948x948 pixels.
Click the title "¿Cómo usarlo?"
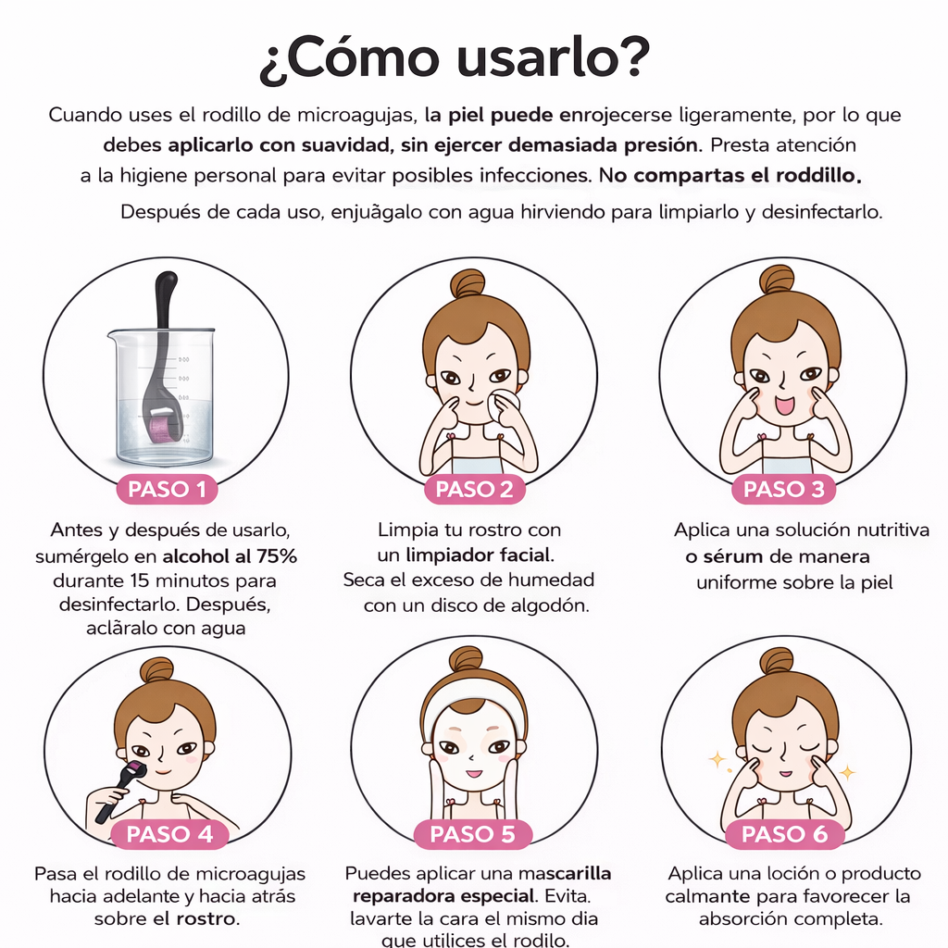[x=455, y=59]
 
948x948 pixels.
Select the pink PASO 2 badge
[x=474, y=489]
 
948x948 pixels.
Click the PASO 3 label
[x=783, y=489]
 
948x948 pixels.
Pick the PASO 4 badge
[x=169, y=834]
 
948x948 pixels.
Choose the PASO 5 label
[x=473, y=834]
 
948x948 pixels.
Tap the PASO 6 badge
[x=784, y=834]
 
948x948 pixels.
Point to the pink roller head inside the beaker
[x=167, y=429]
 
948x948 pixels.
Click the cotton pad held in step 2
[x=506, y=405]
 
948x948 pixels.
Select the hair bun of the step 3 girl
[x=776, y=279]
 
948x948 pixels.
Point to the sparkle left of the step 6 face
[x=716, y=760]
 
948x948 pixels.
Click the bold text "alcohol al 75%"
[x=230, y=557]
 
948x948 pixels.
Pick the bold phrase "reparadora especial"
[x=442, y=896]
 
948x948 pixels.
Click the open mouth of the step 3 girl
[x=784, y=405]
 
